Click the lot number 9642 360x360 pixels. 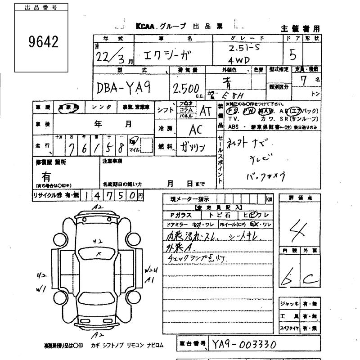pos(44,42)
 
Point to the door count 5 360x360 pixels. pos(293,55)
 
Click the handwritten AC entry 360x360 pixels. pos(195,129)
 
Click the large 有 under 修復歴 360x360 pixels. pos(46,177)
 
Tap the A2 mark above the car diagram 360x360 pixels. pos(96,207)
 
